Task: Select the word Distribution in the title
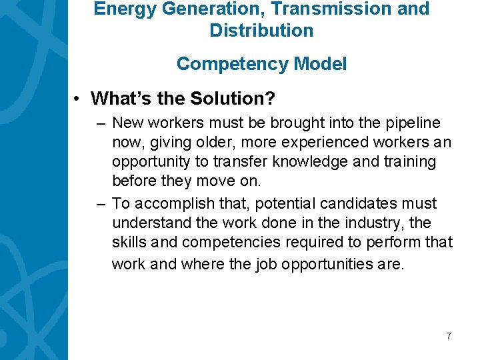click(x=261, y=31)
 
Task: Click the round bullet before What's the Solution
click(x=78, y=99)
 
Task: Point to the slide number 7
click(x=449, y=336)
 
